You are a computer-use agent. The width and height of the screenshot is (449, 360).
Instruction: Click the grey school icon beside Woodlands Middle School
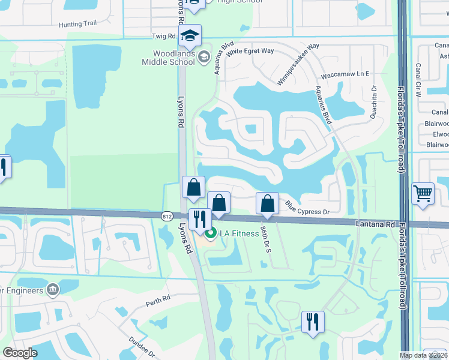click(204, 57)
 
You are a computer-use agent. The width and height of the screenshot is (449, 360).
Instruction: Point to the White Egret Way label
click(250, 51)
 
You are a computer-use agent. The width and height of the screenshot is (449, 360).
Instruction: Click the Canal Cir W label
click(418, 80)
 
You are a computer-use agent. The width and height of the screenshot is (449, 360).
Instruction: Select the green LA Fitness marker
click(210, 233)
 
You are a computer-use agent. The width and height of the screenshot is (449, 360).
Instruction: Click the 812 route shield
click(167, 215)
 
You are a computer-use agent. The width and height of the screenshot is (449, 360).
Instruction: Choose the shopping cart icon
click(423, 193)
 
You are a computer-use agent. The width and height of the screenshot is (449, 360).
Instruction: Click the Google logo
click(20, 353)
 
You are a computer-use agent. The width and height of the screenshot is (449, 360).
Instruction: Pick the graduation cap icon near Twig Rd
click(190, 35)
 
